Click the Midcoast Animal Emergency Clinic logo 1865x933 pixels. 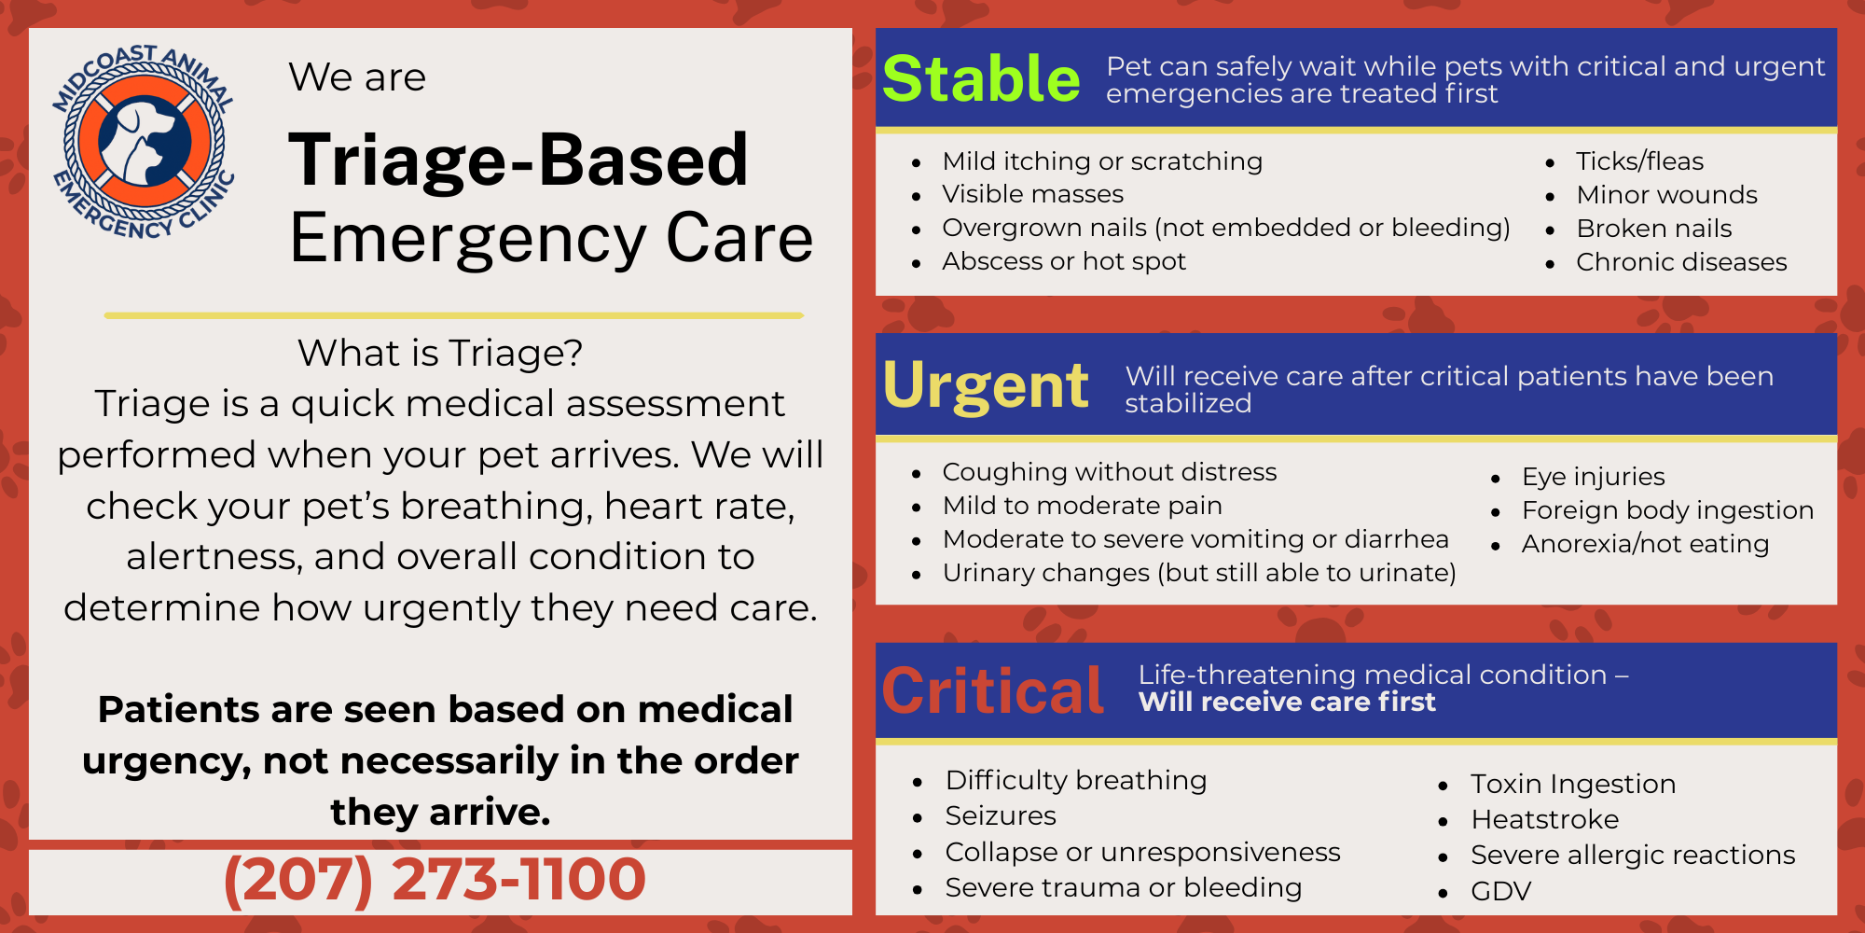[x=144, y=142]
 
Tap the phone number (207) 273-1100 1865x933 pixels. [x=435, y=879]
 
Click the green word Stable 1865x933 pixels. [x=981, y=78]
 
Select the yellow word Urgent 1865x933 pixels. [x=985, y=385]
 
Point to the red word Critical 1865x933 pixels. [x=992, y=691]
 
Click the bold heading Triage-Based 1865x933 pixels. [x=518, y=160]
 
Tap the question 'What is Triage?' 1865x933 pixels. [x=440, y=354]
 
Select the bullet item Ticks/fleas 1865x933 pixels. [x=1639, y=161]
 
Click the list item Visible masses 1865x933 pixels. [x=1032, y=194]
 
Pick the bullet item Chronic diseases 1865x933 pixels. [x=1681, y=262]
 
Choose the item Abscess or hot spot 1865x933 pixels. [x=1063, y=261]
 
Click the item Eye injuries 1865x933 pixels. [x=1593, y=477]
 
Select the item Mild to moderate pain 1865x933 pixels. [x=1082, y=506]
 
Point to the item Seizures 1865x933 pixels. [x=1001, y=816]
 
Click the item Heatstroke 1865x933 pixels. [x=1544, y=819]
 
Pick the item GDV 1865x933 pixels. [x=1500, y=892]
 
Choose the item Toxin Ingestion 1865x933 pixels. [x=1573, y=784]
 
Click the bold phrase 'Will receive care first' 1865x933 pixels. [x=1287, y=702]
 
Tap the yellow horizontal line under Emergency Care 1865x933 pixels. [x=453, y=315]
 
